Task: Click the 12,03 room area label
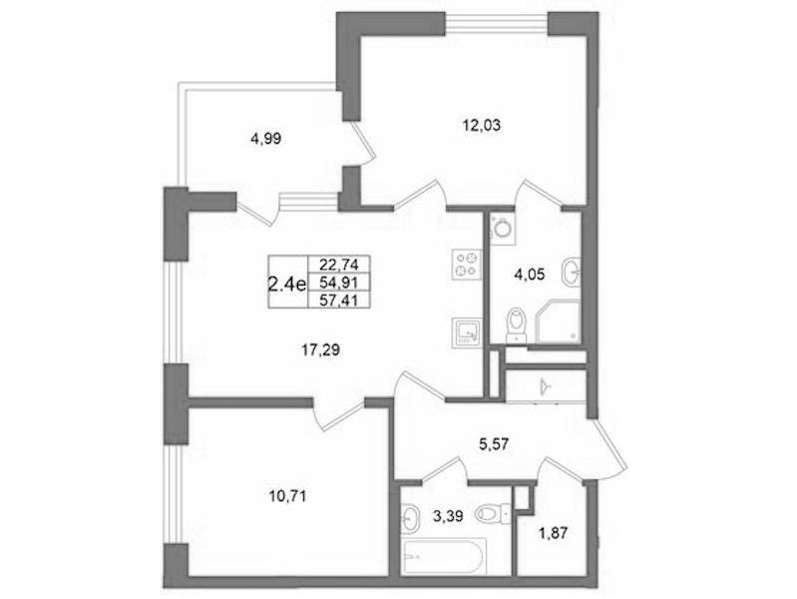(x=481, y=125)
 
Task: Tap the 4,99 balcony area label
(x=266, y=139)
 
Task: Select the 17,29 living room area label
(x=320, y=349)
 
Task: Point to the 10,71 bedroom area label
(x=286, y=496)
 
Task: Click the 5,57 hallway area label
(x=495, y=445)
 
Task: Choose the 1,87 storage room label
(x=552, y=534)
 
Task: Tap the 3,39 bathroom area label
(x=448, y=516)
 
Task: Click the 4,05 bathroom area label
(x=529, y=275)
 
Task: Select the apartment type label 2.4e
(x=287, y=284)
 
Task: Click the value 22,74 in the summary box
(x=339, y=265)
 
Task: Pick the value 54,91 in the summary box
(x=339, y=282)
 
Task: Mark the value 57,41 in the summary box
(x=339, y=300)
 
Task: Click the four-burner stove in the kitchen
(x=466, y=265)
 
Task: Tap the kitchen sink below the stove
(x=466, y=332)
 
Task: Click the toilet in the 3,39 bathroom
(x=493, y=514)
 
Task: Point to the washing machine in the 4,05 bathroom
(x=503, y=227)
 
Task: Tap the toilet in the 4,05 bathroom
(x=517, y=323)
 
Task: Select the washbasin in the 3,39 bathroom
(x=412, y=518)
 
